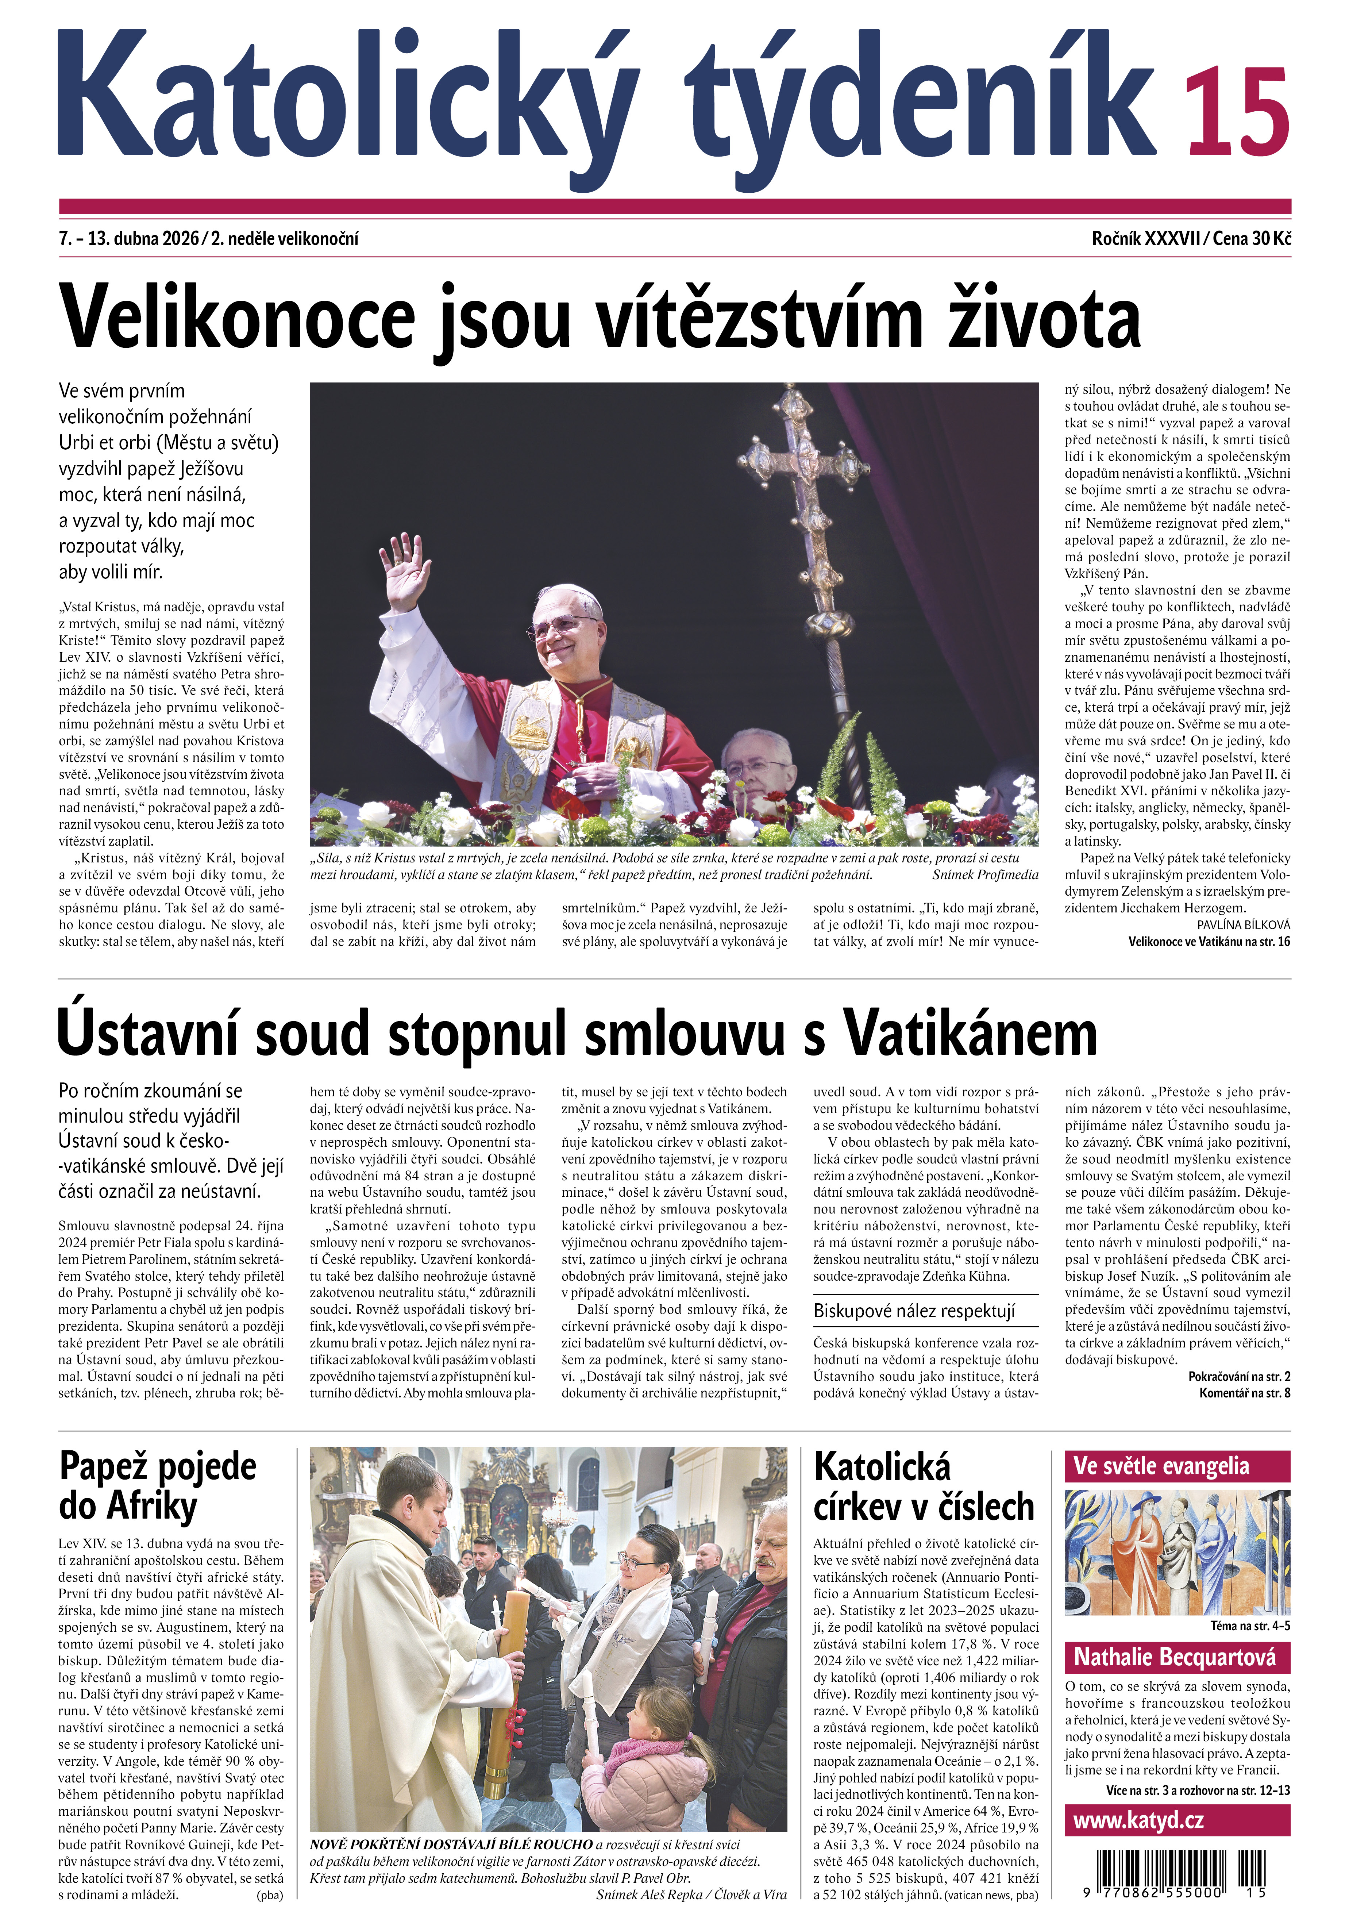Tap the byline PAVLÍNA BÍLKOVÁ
point(1243,924)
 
